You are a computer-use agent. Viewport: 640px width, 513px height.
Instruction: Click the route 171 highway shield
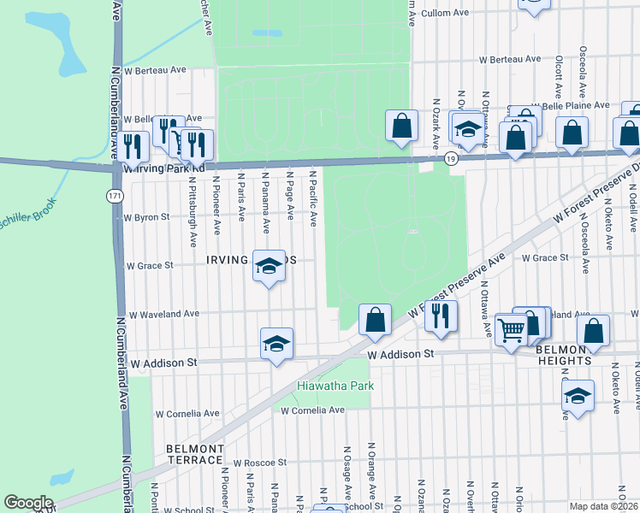click(114, 196)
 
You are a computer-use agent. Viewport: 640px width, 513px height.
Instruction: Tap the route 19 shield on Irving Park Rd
click(451, 158)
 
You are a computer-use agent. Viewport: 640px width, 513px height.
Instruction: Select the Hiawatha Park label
click(336, 386)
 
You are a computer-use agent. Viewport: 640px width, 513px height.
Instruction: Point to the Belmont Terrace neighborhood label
click(195, 454)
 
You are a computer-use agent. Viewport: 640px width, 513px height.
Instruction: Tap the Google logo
click(29, 503)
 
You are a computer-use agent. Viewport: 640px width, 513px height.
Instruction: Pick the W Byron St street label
click(148, 217)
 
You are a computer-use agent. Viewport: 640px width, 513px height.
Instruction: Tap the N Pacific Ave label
click(313, 202)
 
